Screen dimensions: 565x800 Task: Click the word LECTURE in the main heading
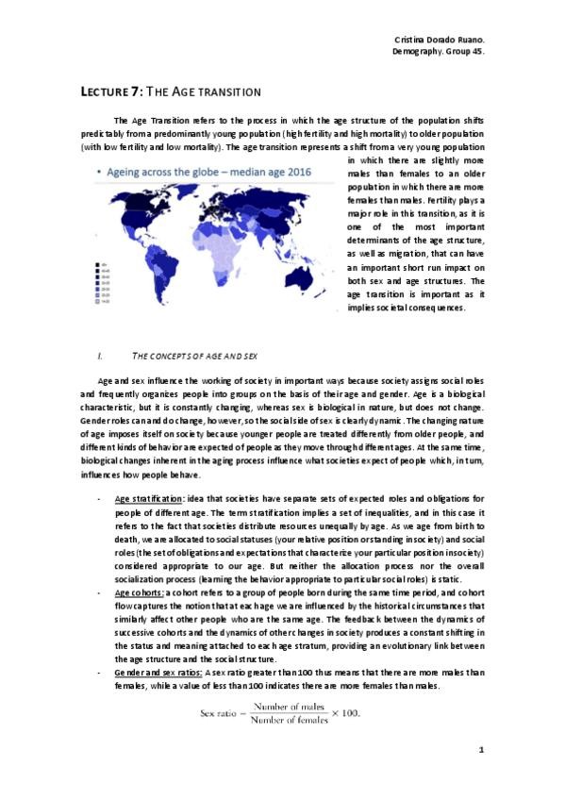click(x=101, y=91)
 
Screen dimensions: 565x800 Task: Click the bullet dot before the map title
click(x=99, y=174)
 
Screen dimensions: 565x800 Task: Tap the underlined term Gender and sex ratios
click(x=158, y=673)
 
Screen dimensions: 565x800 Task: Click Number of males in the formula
click(x=283, y=706)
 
